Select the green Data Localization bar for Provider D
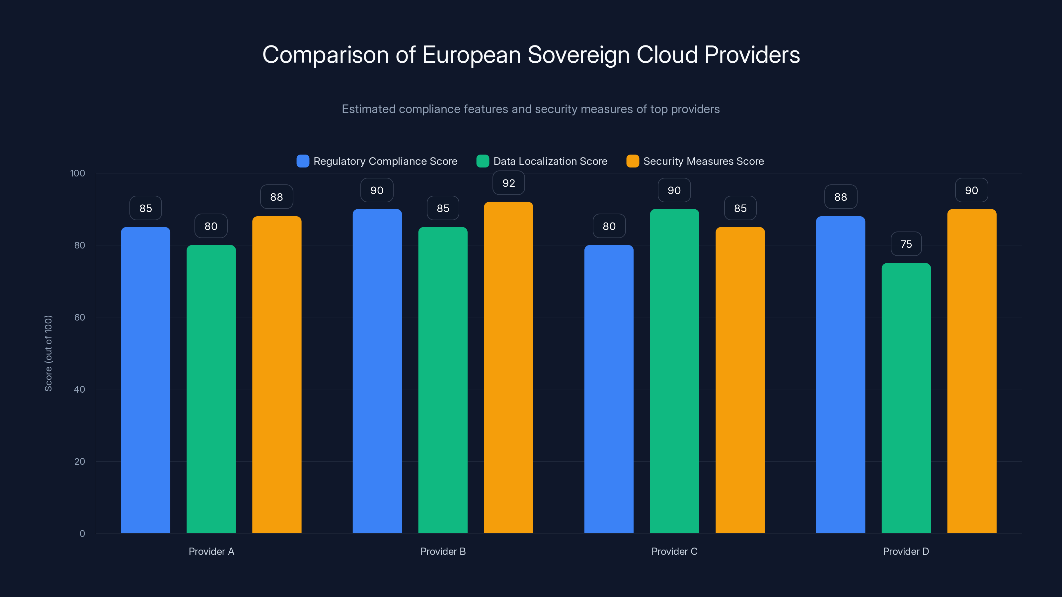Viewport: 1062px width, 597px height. tap(906, 398)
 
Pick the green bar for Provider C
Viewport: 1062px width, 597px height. tap(674, 371)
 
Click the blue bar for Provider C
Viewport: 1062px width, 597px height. tap(609, 389)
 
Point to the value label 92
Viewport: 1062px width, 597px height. tap(509, 183)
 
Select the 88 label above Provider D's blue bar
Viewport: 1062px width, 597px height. tap(841, 197)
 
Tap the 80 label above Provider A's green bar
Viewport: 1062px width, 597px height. tap(211, 226)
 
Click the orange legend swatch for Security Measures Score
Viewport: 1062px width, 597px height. tap(633, 161)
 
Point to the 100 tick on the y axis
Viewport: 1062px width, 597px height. tap(78, 173)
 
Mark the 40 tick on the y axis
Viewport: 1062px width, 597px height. tap(80, 389)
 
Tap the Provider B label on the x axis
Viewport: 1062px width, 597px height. tap(443, 551)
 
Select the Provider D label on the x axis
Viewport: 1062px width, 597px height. tap(906, 551)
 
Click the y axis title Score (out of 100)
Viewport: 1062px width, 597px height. tap(48, 353)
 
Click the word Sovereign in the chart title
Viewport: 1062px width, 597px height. tap(578, 55)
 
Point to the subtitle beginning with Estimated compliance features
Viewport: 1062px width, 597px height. tap(531, 109)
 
